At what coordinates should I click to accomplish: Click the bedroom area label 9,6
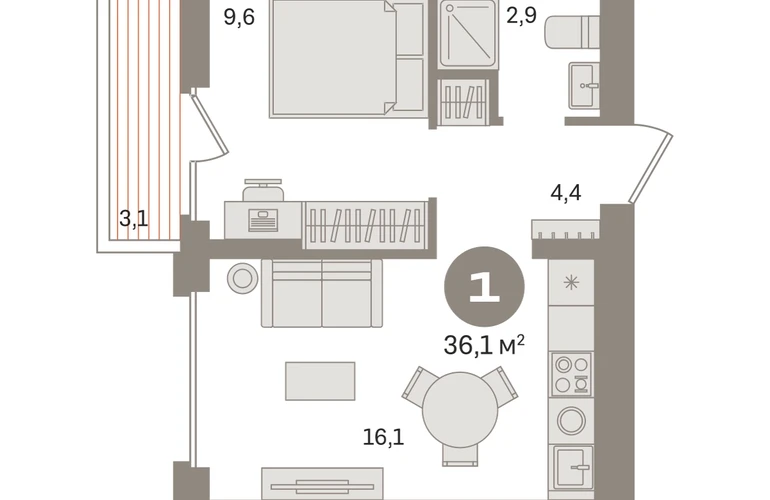point(239,18)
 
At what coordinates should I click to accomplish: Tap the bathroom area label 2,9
point(521,15)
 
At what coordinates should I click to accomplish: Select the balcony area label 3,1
point(133,218)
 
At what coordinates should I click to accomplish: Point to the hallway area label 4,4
point(566,192)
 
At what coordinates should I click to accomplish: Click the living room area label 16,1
point(383,437)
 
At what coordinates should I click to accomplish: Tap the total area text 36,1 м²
point(484,345)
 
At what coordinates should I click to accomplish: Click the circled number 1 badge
point(484,287)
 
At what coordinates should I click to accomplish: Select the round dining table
point(460,410)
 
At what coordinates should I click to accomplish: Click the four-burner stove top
point(571,374)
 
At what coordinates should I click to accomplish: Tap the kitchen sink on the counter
point(573,467)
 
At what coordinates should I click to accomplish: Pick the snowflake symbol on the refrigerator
point(571,282)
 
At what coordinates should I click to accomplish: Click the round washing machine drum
point(571,420)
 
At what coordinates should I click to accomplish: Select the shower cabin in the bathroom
point(468,33)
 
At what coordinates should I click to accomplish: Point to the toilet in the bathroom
point(572,32)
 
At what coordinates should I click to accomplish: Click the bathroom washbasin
point(584,85)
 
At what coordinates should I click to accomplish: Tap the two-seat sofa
point(322,293)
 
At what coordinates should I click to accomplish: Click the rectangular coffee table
point(320,381)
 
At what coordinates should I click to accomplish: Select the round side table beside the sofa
point(242,278)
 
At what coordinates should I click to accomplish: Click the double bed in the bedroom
point(347,59)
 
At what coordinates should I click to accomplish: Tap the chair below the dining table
point(460,456)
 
